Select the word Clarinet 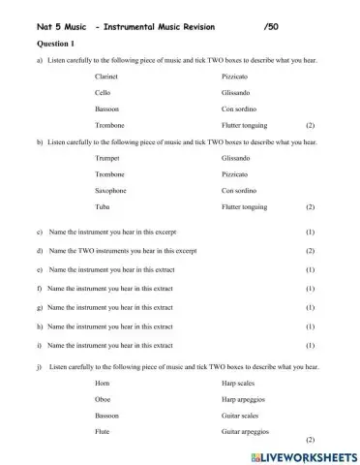pyautogui.click(x=108, y=75)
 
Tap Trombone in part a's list pyautogui.click(x=109, y=125)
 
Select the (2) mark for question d pyautogui.click(x=310, y=251)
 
